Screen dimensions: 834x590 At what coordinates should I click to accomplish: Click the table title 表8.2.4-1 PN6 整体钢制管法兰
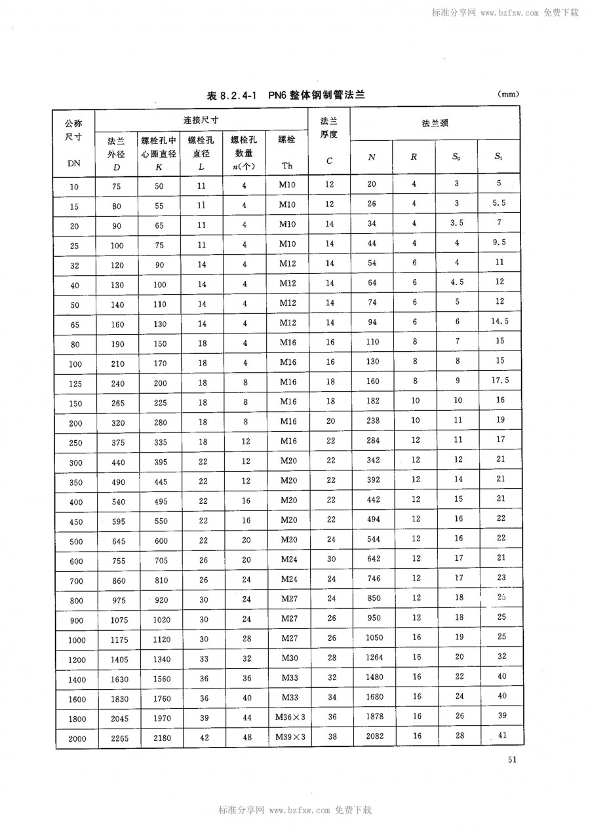coord(285,96)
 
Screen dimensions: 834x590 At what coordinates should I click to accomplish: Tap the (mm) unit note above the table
coord(509,94)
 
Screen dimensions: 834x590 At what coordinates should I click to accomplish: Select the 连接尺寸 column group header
coord(201,120)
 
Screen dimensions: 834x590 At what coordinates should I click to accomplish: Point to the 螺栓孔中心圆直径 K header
coord(159,153)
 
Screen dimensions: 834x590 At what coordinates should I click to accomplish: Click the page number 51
coord(513,760)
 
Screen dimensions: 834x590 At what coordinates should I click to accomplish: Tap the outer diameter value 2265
coord(115,738)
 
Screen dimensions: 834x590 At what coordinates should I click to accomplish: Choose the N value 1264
coord(372,657)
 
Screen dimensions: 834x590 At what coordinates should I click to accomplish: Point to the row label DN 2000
coord(74,738)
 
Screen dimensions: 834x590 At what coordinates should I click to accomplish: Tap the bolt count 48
coord(246,737)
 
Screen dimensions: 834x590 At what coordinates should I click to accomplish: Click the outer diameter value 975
coord(115,599)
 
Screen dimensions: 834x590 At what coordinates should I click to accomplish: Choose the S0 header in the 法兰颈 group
coord(456,157)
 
